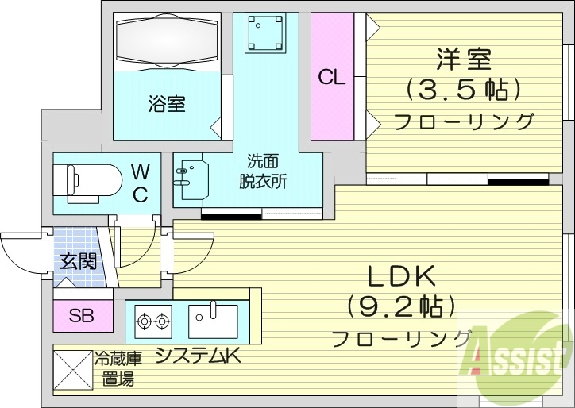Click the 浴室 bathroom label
166,103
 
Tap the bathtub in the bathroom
166,41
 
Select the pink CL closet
331,76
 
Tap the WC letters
140,183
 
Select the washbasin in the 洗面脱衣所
191,179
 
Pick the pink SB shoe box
80,316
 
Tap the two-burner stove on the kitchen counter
153,321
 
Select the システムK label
198,356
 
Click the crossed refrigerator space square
73,370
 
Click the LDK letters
401,276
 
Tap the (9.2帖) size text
401,306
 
